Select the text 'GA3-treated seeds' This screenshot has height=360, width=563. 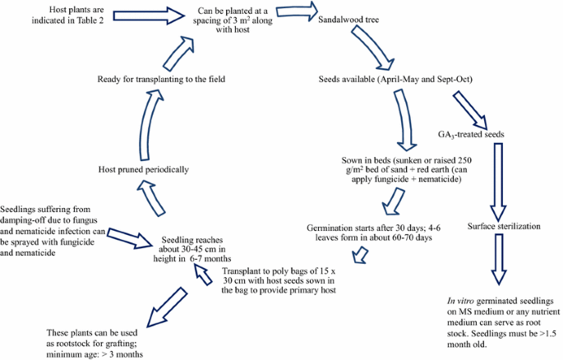coord(473,134)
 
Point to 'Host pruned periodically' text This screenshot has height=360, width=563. coord(141,168)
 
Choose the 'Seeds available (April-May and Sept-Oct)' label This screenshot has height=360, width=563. coord(395,80)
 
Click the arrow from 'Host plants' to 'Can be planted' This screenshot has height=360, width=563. coord(153,16)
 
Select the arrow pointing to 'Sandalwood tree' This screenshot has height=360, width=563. coord(297,12)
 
